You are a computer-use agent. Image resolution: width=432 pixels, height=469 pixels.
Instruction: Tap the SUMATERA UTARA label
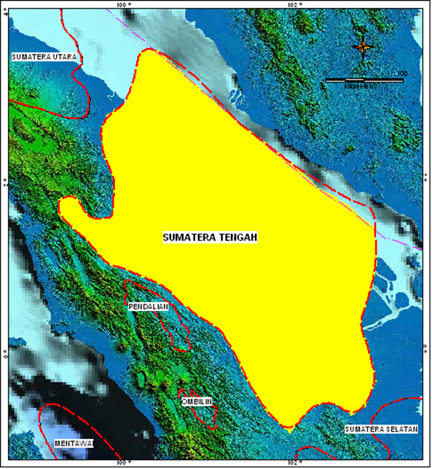coord(44,55)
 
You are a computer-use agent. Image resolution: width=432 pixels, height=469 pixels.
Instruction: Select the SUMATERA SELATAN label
coord(381,429)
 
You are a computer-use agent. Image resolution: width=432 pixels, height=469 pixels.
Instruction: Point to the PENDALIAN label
coord(149,307)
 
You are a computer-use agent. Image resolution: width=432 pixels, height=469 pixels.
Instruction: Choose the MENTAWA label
coord(74,443)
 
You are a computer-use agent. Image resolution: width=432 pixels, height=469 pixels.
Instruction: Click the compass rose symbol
coord(364,47)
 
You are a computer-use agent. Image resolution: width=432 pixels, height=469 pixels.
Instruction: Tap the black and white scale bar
coord(363,80)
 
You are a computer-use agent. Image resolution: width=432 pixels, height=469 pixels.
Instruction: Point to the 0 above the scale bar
coord(327,73)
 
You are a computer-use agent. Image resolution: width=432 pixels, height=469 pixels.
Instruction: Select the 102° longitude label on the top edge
coord(294,4)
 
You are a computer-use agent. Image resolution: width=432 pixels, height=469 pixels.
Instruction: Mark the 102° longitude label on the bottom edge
coord(294,464)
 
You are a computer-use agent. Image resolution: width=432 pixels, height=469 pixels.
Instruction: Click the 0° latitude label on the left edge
coord(4,353)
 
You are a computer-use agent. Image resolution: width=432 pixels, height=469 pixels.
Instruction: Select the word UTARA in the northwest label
coord(62,55)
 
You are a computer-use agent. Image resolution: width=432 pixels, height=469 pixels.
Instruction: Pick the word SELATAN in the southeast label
coord(400,429)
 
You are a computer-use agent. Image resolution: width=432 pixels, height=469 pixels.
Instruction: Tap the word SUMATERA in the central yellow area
coord(189,237)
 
